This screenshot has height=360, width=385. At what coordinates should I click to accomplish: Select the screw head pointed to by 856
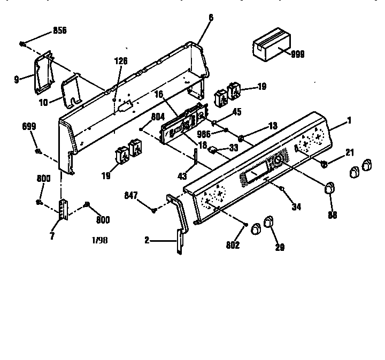[23, 43]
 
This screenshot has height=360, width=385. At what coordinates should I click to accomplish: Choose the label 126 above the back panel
[121, 62]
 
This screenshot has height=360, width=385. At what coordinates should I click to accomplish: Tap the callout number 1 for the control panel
[349, 120]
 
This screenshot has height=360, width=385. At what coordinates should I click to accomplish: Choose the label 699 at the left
[29, 126]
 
